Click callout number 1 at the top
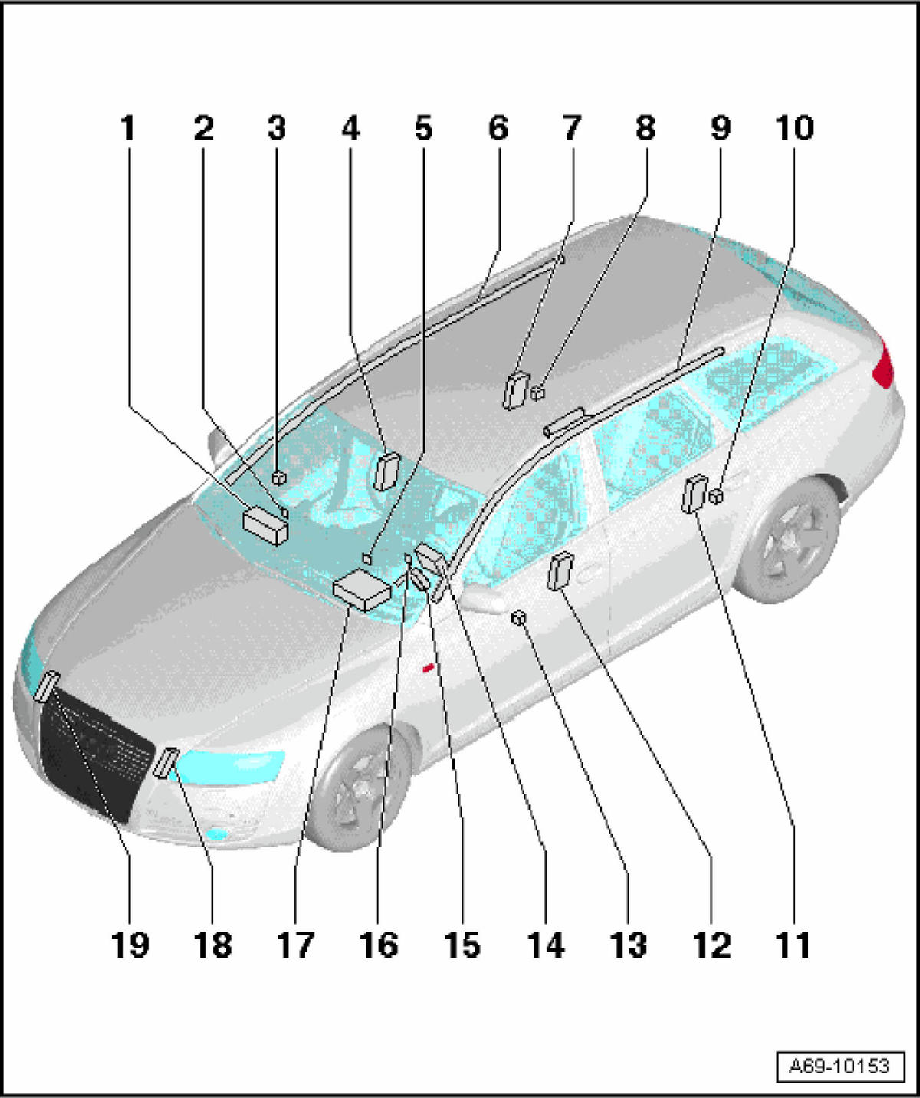pyautogui.click(x=129, y=128)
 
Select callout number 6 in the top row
pyautogui.click(x=498, y=128)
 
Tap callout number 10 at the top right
pyautogui.click(x=794, y=128)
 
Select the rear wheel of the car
pyautogui.click(x=788, y=539)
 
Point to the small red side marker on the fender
pyautogui.click(x=429, y=668)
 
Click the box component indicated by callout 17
pyautogui.click(x=363, y=590)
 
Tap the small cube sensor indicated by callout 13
pyautogui.click(x=518, y=617)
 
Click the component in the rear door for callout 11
pyautogui.click(x=695, y=493)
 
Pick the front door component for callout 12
pyautogui.click(x=560, y=570)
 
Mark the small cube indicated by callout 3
pyautogui.click(x=278, y=478)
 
